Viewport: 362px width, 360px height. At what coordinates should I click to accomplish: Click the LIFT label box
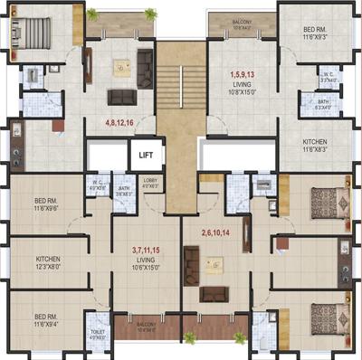[x=145, y=155]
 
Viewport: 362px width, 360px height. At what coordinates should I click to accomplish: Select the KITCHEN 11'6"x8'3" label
[x=321, y=146]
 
